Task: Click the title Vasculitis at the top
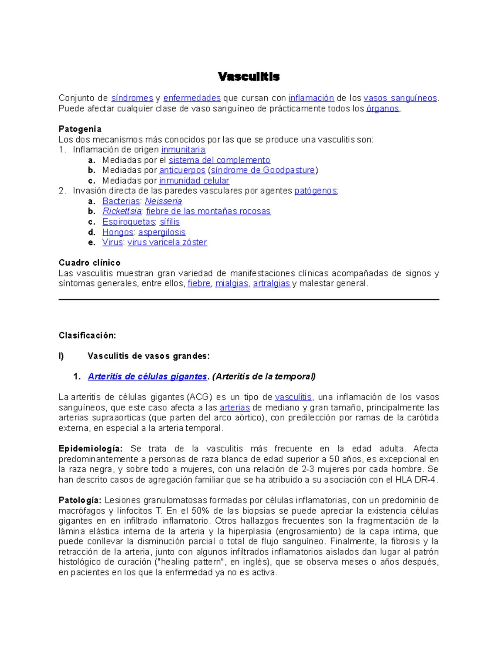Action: pyautogui.click(x=249, y=77)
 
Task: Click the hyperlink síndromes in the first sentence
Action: pyautogui.click(x=132, y=98)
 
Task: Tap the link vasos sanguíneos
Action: pyautogui.click(x=400, y=98)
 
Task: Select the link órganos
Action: pyautogui.click(x=382, y=109)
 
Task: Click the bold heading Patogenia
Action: pyautogui.click(x=80, y=129)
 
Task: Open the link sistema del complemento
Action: pyautogui.click(x=219, y=160)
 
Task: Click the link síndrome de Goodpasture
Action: pyautogui.click(x=263, y=170)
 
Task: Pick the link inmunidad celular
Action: pyautogui.click(x=194, y=181)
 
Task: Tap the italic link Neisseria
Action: pyautogui.click(x=163, y=201)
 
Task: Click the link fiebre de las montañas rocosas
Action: pyautogui.click(x=208, y=211)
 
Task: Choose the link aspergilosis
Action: pyautogui.click(x=161, y=232)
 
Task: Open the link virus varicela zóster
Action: pyautogui.click(x=167, y=242)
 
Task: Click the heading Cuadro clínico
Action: pyautogui.click(x=90, y=262)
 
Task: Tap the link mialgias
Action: pyautogui.click(x=232, y=284)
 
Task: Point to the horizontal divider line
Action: pyautogui.click(x=249, y=299)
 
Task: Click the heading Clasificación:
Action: pyautogui.click(x=87, y=335)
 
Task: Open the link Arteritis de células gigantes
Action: pyautogui.click(x=147, y=377)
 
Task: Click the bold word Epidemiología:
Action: pyautogui.click(x=90, y=449)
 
